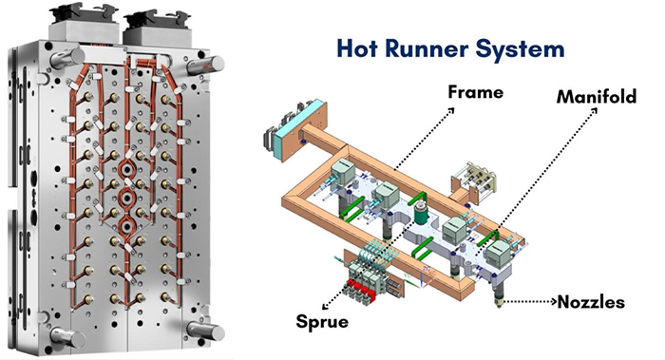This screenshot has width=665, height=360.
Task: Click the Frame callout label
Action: [476, 93]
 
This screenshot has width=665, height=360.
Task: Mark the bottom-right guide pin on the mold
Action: [202, 330]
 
